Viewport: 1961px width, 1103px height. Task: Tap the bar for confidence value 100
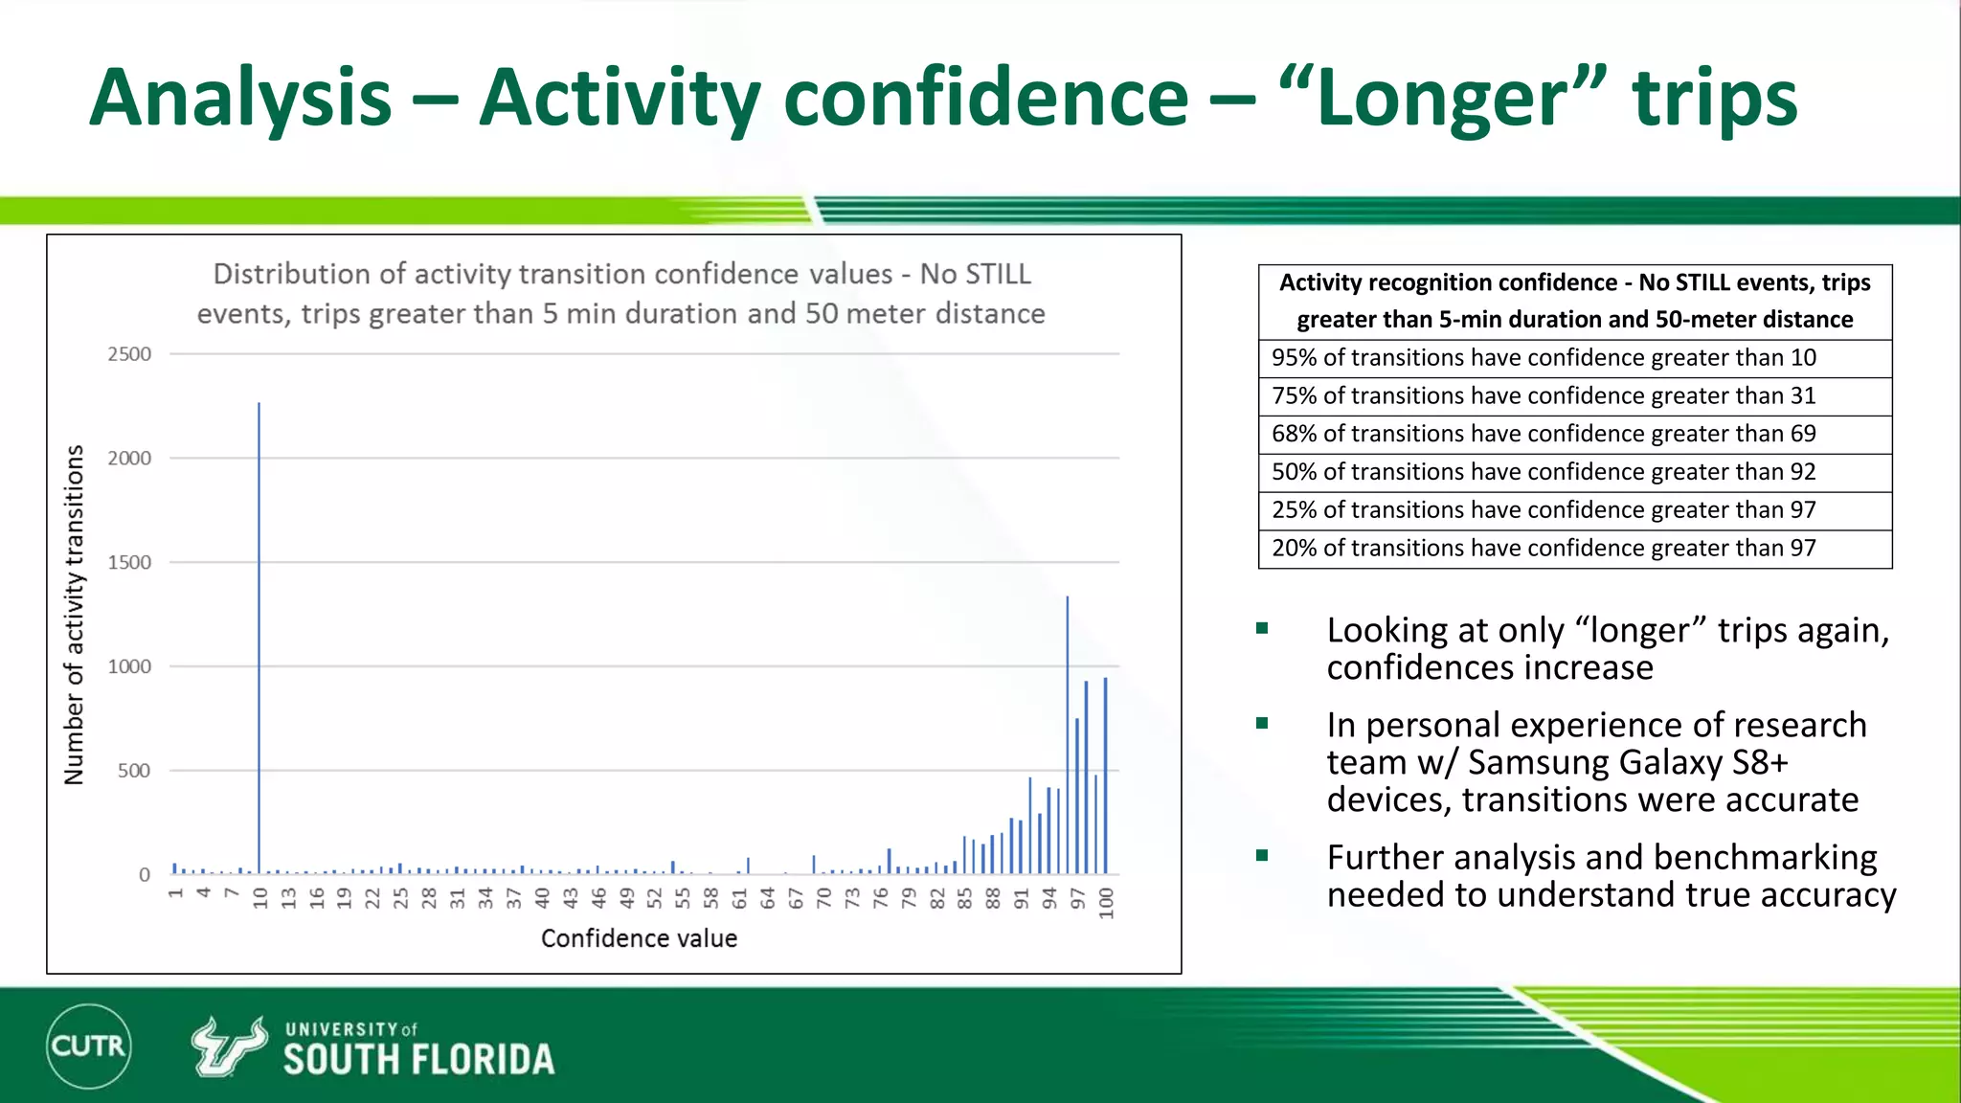click(x=1105, y=776)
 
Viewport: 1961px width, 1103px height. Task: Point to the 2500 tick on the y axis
click(x=129, y=354)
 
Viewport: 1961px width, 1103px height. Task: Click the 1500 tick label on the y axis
click(x=129, y=562)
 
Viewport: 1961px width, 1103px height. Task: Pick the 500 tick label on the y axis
click(x=134, y=771)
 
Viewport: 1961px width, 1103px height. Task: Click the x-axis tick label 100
click(x=1106, y=903)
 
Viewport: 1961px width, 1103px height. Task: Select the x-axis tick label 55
click(x=683, y=898)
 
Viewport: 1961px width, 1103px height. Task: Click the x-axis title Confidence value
click(x=639, y=938)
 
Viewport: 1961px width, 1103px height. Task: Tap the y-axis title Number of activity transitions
click(x=74, y=615)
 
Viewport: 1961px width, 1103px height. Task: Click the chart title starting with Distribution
click(x=620, y=294)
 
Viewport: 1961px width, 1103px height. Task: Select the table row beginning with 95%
click(x=1574, y=358)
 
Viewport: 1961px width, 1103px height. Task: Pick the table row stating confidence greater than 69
click(x=1574, y=434)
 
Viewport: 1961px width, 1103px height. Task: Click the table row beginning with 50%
click(x=1574, y=472)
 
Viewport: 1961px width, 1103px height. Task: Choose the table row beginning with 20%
click(x=1574, y=549)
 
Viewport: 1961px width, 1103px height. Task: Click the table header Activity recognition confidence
click(x=1574, y=301)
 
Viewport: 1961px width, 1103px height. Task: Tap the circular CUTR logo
click(x=88, y=1046)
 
